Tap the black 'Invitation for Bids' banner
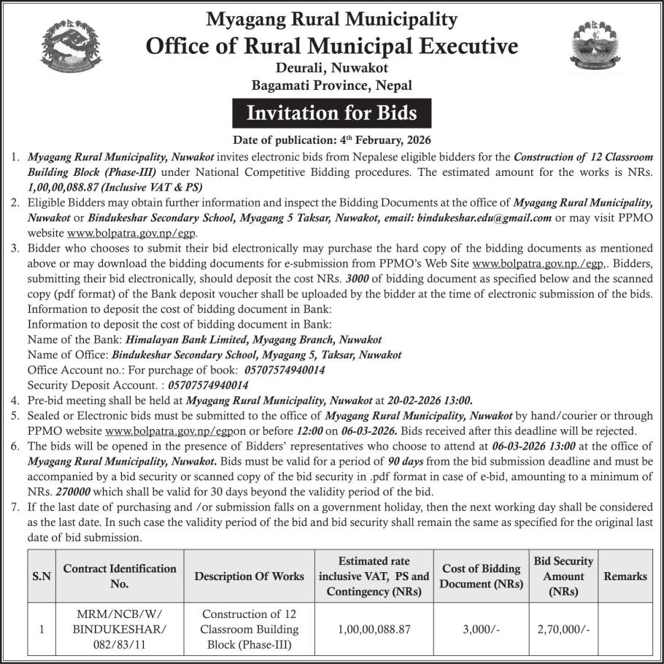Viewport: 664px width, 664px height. coord(332,113)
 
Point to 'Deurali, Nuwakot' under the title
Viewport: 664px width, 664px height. coord(332,69)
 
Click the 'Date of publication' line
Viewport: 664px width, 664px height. coord(332,139)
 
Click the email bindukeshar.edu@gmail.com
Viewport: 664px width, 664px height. coord(482,217)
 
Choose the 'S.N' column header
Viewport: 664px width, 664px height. coord(42,576)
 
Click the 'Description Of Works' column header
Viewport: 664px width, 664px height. coord(249,576)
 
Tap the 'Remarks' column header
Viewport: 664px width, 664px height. coord(625,576)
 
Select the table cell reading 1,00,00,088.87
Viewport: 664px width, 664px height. coord(374,628)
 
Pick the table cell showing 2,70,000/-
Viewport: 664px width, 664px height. coord(563,628)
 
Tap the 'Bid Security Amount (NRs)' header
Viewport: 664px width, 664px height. coord(563,576)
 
